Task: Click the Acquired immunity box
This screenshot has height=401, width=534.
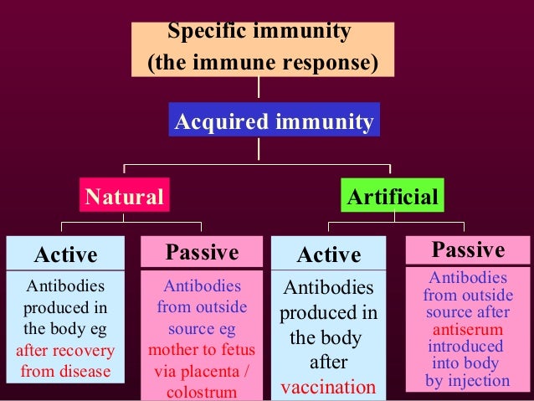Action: click(274, 122)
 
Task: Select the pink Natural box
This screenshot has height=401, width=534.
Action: click(124, 198)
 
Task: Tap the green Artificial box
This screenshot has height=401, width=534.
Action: click(393, 198)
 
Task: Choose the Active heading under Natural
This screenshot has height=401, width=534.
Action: click(65, 254)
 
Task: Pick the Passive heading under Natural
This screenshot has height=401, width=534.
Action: click(201, 253)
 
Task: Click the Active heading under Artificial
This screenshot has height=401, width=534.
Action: click(329, 254)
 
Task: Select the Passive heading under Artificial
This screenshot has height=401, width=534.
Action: click(467, 250)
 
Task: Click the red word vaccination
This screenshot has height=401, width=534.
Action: click(328, 388)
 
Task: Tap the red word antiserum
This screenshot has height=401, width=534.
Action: click(467, 330)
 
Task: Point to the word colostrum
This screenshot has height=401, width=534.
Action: click(202, 391)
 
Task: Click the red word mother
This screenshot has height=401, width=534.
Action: click(174, 349)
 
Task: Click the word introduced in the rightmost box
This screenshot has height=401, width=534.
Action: click(466, 347)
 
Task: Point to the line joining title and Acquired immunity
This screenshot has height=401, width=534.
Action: click(259, 88)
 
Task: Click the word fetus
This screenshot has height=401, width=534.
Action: click(238, 349)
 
